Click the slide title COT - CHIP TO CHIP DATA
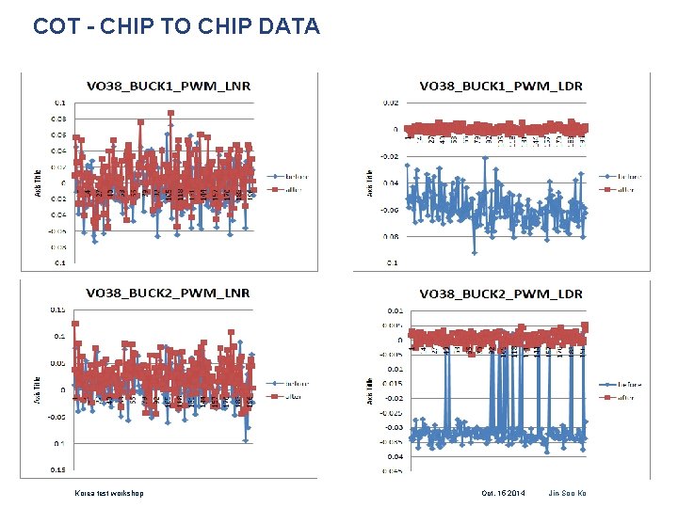(x=176, y=26)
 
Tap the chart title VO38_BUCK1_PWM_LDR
(x=501, y=87)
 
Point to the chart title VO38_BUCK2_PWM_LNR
(x=169, y=294)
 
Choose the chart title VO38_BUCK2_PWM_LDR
(x=501, y=294)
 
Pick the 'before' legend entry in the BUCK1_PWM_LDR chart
(x=622, y=175)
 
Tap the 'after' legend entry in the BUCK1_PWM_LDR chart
(x=620, y=189)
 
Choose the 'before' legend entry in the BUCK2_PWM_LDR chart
(x=622, y=383)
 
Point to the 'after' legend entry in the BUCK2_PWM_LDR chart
(x=620, y=397)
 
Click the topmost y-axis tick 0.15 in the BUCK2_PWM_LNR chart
(x=57, y=310)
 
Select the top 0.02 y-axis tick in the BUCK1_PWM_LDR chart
(x=390, y=103)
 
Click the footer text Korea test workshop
(x=109, y=493)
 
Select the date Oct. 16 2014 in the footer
(x=504, y=493)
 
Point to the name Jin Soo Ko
(x=567, y=493)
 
